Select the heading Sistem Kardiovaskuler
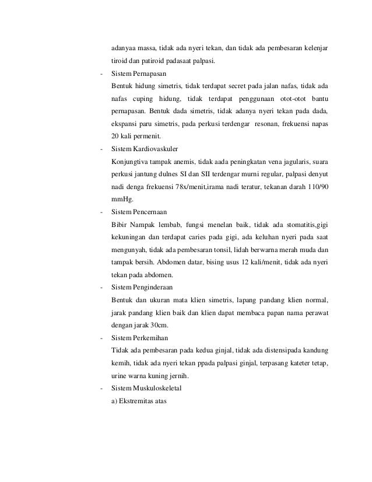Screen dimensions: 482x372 (143, 148)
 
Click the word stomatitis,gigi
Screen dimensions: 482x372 (307, 222)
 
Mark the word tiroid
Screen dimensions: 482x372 (118, 61)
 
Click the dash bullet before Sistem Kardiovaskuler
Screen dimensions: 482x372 (102, 148)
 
